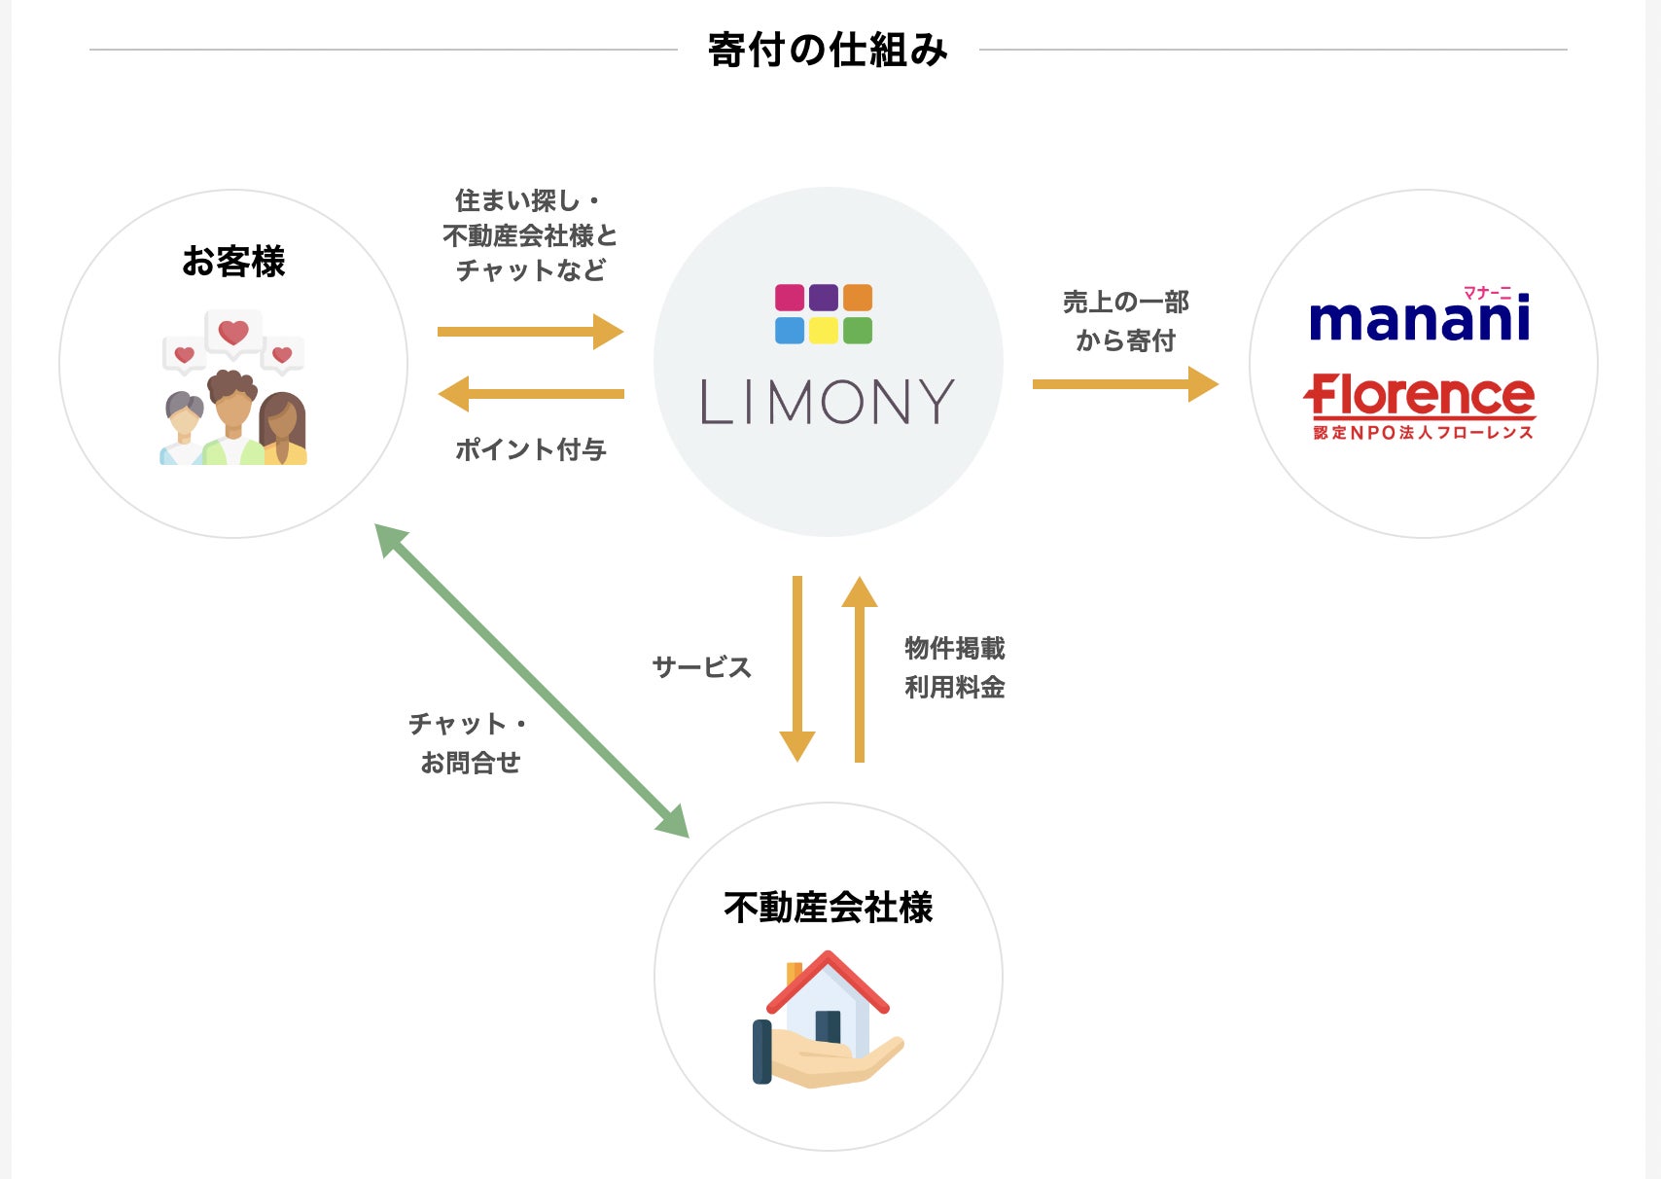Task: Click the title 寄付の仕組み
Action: point(828,50)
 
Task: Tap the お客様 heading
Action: point(233,262)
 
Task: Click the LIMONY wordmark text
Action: point(828,402)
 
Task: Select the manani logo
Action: point(1420,319)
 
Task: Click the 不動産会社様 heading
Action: point(828,908)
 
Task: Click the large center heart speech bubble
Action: point(233,332)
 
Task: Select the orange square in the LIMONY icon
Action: point(857,298)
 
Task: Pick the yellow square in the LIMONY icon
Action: point(824,331)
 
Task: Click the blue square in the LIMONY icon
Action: point(790,331)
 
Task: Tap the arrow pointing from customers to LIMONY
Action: point(530,332)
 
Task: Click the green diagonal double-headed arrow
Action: point(532,681)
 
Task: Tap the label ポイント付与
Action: point(531,449)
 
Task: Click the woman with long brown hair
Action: point(283,429)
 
